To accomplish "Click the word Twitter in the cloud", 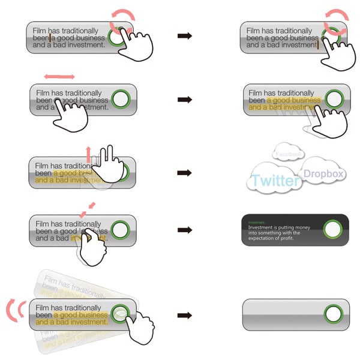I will (x=276, y=180).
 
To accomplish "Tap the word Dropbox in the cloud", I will (x=323, y=174).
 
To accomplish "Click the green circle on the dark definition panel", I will (x=332, y=229).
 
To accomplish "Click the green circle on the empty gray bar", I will (x=333, y=313).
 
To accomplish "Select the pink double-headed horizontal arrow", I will (x=59, y=77).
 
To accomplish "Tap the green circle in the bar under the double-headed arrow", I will (x=121, y=100).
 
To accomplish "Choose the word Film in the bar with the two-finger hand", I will (x=41, y=166).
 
